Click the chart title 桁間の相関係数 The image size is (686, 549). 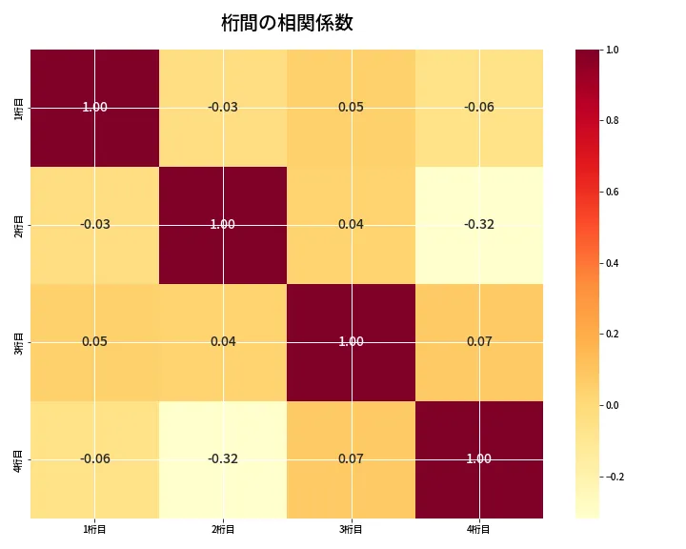click(x=287, y=23)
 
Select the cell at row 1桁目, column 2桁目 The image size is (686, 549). click(x=223, y=108)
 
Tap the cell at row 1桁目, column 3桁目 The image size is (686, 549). click(x=351, y=108)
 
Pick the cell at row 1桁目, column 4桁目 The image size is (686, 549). click(x=479, y=108)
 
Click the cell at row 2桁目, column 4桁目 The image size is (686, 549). click(x=479, y=225)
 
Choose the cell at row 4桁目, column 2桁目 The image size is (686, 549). click(x=223, y=459)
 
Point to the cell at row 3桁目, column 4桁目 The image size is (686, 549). click(x=479, y=342)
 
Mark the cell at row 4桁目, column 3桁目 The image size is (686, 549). click(x=351, y=459)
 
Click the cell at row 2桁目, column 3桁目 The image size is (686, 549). click(x=351, y=225)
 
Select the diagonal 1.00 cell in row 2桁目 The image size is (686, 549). click(x=223, y=225)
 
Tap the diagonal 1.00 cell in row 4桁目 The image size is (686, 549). click(x=479, y=459)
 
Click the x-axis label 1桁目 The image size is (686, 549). click(x=94, y=529)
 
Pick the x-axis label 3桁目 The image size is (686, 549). click(x=351, y=529)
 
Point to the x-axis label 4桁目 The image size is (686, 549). click(x=479, y=529)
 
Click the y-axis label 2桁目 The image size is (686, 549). click(x=19, y=225)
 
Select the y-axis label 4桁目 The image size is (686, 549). click(x=19, y=459)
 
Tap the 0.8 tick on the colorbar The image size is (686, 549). click(x=612, y=121)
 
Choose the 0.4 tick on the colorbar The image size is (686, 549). click(x=612, y=263)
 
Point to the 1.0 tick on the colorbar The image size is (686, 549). click(x=612, y=50)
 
